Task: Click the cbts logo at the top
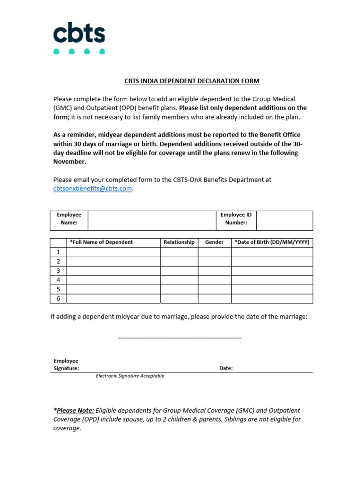click(x=79, y=38)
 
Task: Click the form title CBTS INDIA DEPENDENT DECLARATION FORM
click(x=192, y=81)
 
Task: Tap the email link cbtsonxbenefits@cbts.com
click(x=92, y=188)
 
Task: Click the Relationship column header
click(x=179, y=242)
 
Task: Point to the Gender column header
click(x=214, y=242)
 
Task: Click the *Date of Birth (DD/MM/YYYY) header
click(x=272, y=242)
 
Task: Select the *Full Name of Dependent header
click(x=102, y=242)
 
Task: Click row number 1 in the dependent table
click(x=59, y=252)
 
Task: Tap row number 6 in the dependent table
click(x=59, y=299)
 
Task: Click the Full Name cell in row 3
click(x=113, y=271)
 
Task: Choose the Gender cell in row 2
click(x=214, y=261)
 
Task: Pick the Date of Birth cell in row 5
click(x=272, y=289)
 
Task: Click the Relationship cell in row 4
click(x=179, y=280)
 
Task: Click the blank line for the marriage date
click(x=180, y=337)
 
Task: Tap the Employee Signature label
click(x=66, y=364)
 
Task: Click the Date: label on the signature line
click(x=226, y=368)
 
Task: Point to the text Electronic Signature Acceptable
click(x=130, y=376)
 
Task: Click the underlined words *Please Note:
click(x=74, y=410)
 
